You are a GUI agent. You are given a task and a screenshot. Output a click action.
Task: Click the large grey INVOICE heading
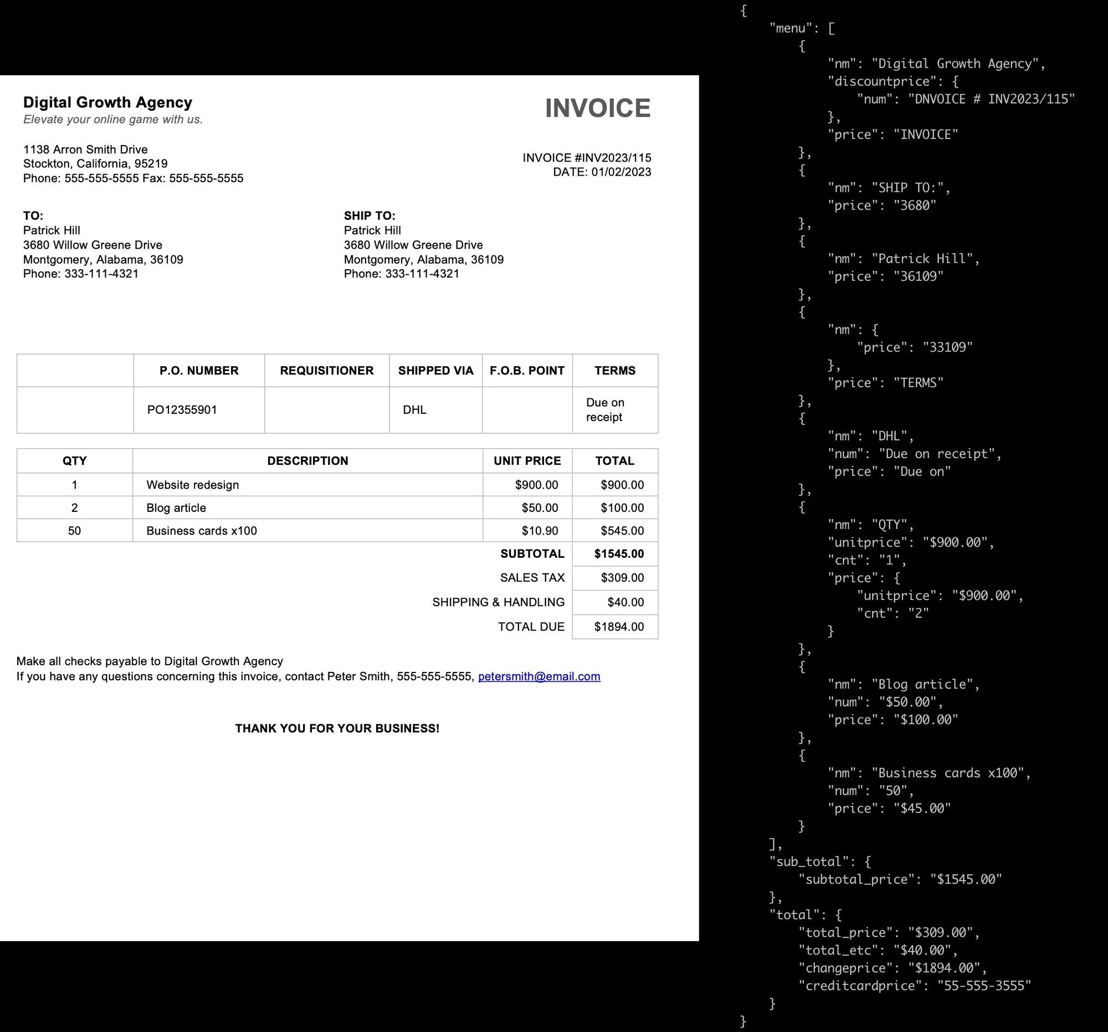coord(597,108)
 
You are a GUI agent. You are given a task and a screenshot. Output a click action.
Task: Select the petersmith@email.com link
coord(539,676)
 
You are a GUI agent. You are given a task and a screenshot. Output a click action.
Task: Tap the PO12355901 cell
coord(182,410)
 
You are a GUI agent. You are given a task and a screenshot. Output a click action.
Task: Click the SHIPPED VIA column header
coord(435,371)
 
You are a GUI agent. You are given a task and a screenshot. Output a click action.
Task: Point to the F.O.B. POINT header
coord(527,371)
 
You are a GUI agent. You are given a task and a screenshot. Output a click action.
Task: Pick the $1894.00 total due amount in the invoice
coord(619,627)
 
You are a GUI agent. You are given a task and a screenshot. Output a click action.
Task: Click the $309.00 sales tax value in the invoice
coord(622,578)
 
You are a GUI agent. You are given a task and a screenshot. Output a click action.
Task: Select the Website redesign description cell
coord(192,485)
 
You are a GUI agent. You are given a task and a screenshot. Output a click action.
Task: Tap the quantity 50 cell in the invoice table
coord(74,531)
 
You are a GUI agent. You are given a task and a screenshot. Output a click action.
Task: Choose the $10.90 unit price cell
coord(540,531)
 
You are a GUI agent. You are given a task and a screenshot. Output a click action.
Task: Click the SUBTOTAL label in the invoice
coord(532,554)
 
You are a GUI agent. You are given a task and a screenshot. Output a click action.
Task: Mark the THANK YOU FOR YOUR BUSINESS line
coord(337,728)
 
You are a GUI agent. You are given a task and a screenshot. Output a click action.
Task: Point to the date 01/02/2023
coord(621,172)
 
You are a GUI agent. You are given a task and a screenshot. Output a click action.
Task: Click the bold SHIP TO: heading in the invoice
coord(370,215)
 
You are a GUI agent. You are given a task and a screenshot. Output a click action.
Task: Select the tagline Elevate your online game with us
coord(113,119)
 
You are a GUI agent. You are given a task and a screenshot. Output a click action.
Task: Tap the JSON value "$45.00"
coord(922,808)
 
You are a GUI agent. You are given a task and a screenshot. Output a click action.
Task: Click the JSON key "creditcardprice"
coord(860,986)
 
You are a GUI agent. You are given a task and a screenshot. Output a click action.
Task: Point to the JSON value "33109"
coord(947,347)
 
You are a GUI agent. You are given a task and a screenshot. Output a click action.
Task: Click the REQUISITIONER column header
coord(327,371)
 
